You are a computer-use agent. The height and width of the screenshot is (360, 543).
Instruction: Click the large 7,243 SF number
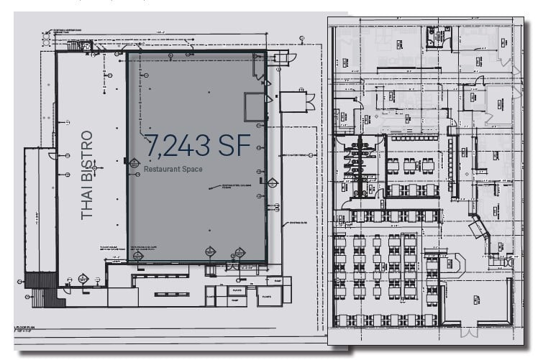point(198,146)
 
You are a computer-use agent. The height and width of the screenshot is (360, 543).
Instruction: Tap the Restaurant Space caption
point(172,169)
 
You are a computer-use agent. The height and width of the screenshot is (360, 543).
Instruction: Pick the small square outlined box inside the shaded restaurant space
point(255,107)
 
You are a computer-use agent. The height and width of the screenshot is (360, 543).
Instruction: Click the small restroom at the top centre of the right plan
point(436,37)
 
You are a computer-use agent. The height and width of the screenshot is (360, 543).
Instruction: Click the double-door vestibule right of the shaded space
point(293,101)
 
